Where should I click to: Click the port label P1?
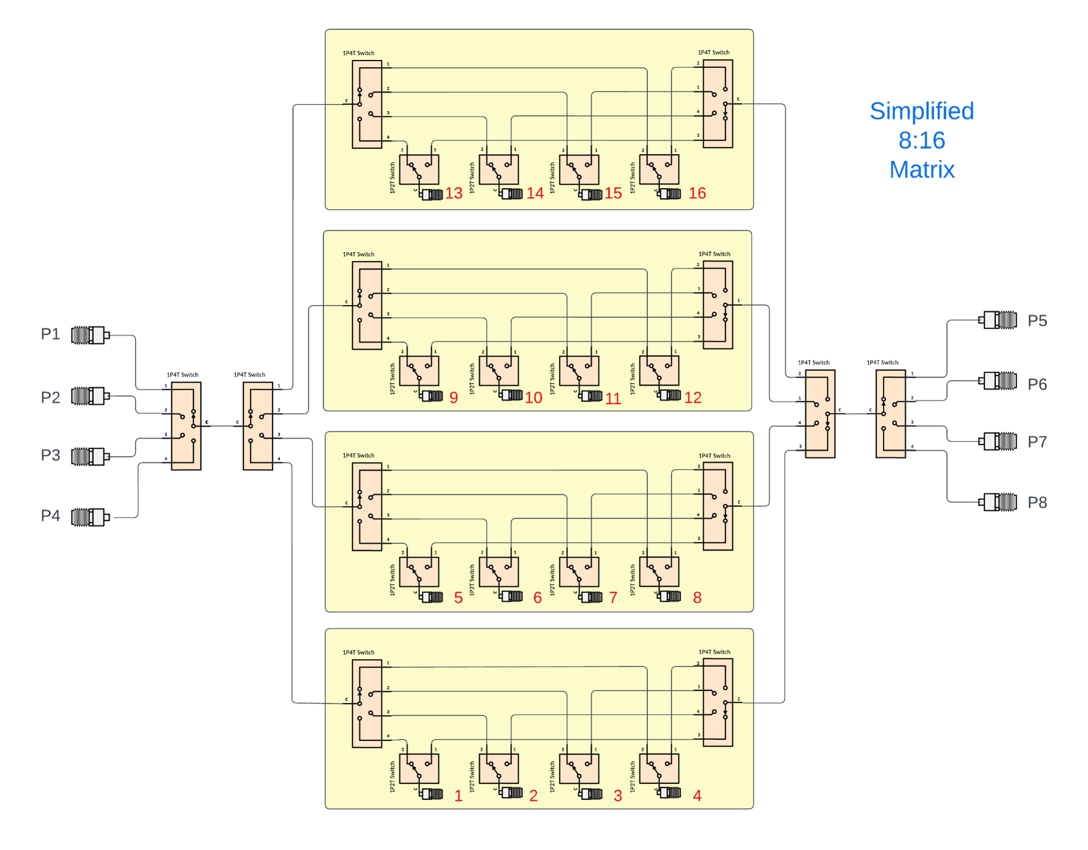(x=51, y=334)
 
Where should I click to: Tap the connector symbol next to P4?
(x=90, y=517)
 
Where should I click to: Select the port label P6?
(x=1037, y=384)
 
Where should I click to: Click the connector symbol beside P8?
(x=998, y=502)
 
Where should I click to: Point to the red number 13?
(x=454, y=193)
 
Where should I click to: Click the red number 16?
(x=697, y=193)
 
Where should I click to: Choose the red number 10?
(x=533, y=397)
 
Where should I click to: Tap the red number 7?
(x=613, y=597)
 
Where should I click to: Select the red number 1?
(x=458, y=795)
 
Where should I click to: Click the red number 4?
(x=697, y=795)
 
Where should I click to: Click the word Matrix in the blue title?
(x=922, y=170)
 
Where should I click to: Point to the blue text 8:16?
(x=922, y=140)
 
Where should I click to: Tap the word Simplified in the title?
(x=922, y=111)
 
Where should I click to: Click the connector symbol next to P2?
(x=90, y=396)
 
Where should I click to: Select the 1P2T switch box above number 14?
(x=499, y=170)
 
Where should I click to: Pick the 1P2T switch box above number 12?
(x=659, y=370)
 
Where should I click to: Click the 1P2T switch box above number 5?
(x=419, y=572)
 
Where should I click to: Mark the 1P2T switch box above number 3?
(x=579, y=769)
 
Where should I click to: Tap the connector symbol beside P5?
(x=998, y=320)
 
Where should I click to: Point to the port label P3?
(x=51, y=455)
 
